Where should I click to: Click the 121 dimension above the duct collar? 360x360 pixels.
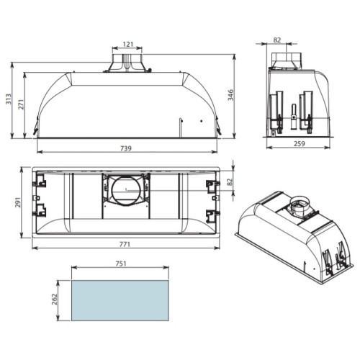click(x=128, y=44)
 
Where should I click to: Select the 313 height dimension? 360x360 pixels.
click(x=9, y=99)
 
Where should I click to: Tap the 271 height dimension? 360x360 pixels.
click(x=22, y=104)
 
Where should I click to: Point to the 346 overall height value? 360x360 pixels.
click(x=230, y=95)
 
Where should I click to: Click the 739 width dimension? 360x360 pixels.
click(x=126, y=148)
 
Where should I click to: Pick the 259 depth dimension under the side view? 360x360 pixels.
click(x=300, y=144)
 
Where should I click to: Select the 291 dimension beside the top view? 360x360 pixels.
click(x=18, y=202)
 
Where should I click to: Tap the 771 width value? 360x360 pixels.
click(x=125, y=244)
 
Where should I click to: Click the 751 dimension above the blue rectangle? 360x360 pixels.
click(x=121, y=264)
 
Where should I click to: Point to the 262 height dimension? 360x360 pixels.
click(x=55, y=300)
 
